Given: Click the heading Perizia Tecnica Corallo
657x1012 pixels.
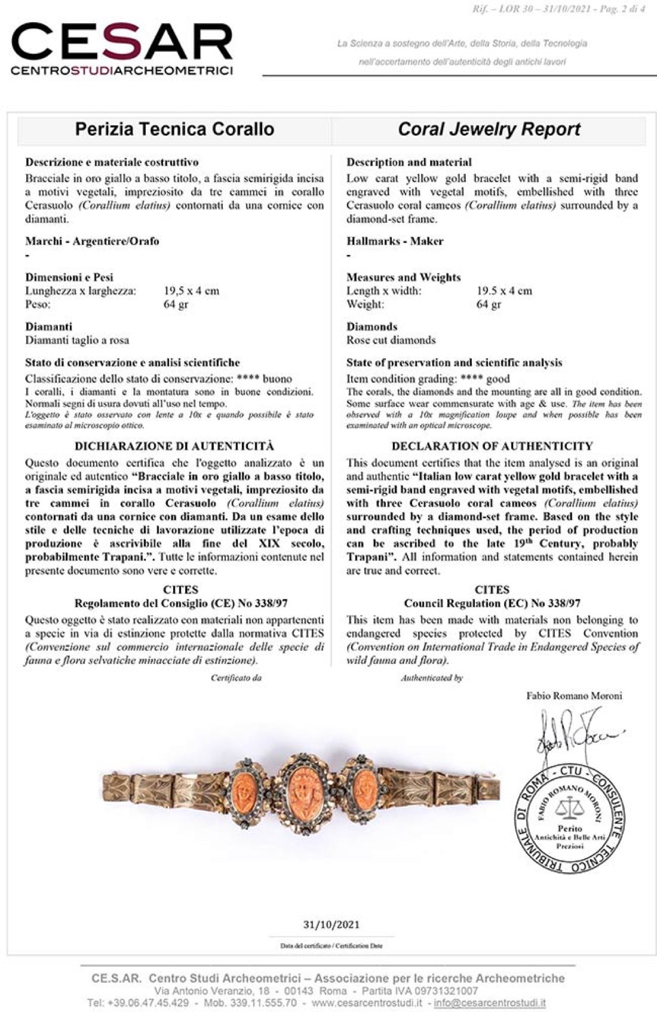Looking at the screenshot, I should pos(174,130).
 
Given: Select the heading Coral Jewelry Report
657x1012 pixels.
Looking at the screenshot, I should pos(489,130).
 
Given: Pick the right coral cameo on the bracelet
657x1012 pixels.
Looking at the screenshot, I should pos(364,788).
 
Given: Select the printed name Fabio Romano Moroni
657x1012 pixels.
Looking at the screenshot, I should pos(574,696).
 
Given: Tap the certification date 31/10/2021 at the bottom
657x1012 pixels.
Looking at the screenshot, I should pos(331,924).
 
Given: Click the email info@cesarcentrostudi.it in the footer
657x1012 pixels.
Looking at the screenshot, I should pos(490,1002).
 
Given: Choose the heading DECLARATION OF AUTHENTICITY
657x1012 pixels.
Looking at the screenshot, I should pos(492,446).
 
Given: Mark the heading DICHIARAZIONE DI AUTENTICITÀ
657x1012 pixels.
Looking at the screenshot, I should pos(174,446).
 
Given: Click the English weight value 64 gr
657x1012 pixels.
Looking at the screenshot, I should pos(489,304).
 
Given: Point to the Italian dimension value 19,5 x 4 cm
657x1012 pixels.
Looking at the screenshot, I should pos(191,291).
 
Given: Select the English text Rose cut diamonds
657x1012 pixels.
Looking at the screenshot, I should pos(391,340).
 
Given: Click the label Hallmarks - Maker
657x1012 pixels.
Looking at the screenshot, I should pos(395,241).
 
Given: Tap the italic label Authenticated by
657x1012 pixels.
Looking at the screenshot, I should pos(432,678).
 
